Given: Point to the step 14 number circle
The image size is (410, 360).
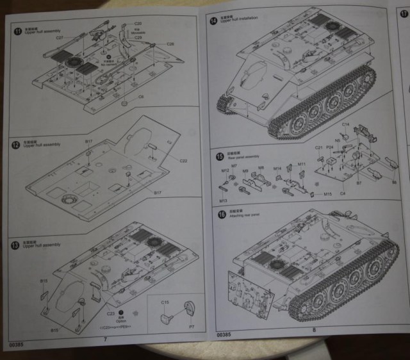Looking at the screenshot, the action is click(x=213, y=21).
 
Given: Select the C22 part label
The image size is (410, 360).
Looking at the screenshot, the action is click(x=183, y=160).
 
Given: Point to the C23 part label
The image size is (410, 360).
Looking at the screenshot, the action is click(x=110, y=313).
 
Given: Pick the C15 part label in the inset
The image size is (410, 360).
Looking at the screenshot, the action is click(x=164, y=302).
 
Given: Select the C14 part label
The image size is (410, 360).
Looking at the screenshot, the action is click(x=345, y=124).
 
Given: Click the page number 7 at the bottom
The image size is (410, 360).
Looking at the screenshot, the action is click(x=105, y=338).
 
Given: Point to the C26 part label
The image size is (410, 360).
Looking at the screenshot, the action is click(x=170, y=44).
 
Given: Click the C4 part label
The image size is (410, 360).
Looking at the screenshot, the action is click(x=343, y=193).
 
